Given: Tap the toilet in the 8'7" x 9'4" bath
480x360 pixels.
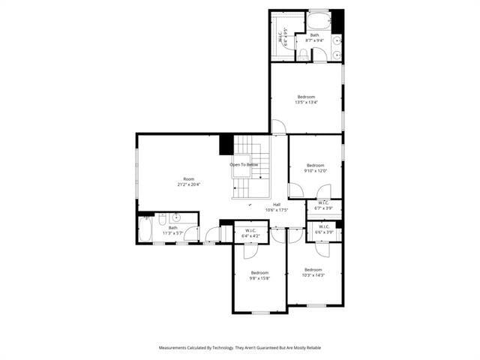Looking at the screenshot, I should pos(303,53).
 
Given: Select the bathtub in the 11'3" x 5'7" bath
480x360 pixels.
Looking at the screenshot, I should pos(145,229).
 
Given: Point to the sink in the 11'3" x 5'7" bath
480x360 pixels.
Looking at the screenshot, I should pos(175,218).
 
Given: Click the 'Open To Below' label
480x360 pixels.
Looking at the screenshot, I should pos(244,164).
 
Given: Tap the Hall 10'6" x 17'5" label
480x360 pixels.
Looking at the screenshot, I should pos(277,207).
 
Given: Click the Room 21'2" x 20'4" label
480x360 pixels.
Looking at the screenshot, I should pos(189,181).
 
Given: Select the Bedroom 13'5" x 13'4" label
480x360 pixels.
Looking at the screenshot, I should pos(306,99).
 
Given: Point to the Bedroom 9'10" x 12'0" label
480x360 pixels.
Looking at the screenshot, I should pos(315,167).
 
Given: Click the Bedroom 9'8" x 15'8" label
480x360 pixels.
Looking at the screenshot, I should pos(259,274).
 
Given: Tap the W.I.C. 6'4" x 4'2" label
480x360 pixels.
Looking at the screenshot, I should pos(251,232).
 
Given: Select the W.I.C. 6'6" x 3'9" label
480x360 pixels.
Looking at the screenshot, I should pos(324,229).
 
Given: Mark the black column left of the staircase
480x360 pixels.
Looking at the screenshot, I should pos(226,144).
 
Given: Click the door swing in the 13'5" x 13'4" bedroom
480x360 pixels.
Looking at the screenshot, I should pos(278,127).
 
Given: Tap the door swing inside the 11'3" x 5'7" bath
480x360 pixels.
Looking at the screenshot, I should pos(192,233).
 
